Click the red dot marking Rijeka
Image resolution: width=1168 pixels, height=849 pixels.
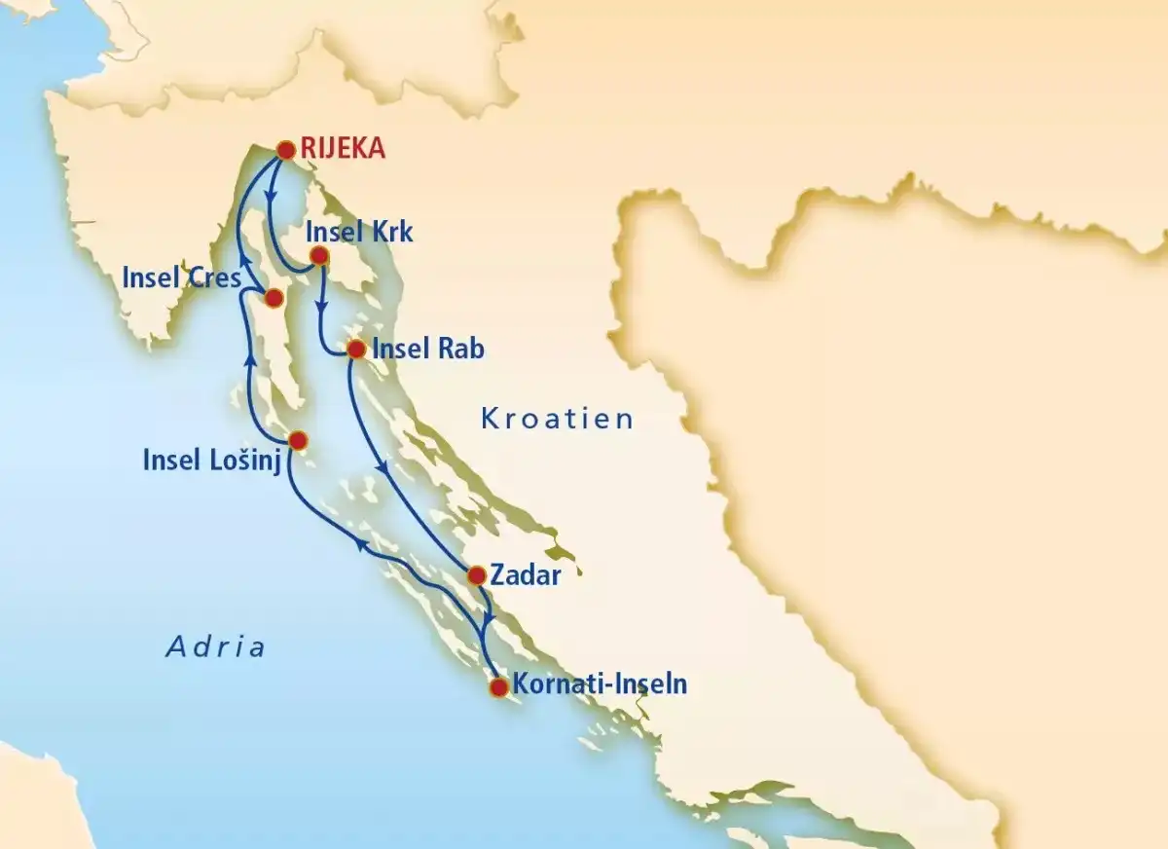[x=285, y=150]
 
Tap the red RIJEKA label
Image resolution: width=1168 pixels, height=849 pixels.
[x=344, y=149]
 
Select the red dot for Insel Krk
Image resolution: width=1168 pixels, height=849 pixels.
[x=317, y=257]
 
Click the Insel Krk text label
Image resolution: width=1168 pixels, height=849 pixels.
[x=359, y=233]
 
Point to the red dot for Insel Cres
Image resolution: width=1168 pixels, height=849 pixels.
[x=274, y=297]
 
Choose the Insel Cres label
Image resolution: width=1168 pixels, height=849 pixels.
[x=181, y=278]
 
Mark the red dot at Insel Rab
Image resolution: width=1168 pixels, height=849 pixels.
[x=355, y=349]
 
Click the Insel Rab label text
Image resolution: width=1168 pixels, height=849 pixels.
[x=428, y=350]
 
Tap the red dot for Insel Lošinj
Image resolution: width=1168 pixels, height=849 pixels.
[x=298, y=439]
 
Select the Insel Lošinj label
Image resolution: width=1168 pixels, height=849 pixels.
[x=211, y=460]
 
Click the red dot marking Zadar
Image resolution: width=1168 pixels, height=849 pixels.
[x=476, y=575]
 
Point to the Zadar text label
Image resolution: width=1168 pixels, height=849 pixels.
[x=526, y=575]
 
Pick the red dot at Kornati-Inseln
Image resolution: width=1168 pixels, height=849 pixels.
[x=498, y=687]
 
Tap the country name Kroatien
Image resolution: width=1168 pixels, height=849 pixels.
[x=557, y=420]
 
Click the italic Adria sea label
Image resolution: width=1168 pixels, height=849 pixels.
[x=215, y=646]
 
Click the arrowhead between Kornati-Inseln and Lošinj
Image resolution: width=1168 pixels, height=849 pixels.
[x=359, y=546]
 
